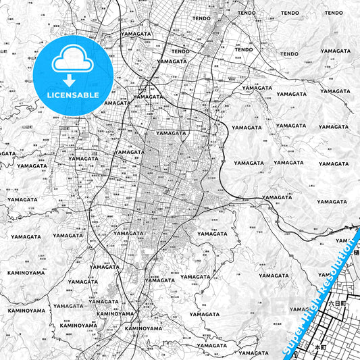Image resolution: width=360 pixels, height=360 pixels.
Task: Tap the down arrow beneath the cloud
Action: click(x=70, y=80)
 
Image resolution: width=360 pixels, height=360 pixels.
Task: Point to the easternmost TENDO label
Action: click(x=290, y=13)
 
